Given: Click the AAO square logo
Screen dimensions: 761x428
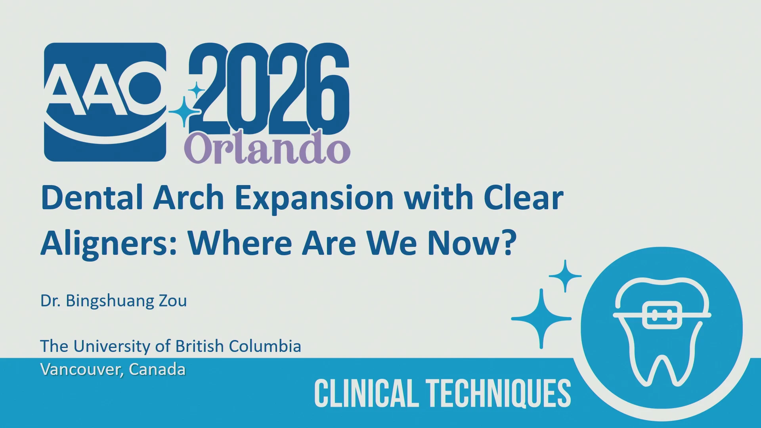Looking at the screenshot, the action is point(105,102).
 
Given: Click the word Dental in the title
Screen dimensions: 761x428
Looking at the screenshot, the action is point(92,197).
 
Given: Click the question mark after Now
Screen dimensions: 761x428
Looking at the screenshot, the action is point(509,243).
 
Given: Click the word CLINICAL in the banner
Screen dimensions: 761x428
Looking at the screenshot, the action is point(367,393).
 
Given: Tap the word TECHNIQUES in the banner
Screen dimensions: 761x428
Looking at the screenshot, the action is point(498,393).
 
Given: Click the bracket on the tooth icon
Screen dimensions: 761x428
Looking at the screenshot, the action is point(662,315).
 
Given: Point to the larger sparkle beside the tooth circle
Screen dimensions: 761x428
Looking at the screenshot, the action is point(541,319).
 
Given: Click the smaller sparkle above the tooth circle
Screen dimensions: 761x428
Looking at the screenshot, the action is point(565,276).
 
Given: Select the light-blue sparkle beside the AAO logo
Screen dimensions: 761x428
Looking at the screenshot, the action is point(185,112).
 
